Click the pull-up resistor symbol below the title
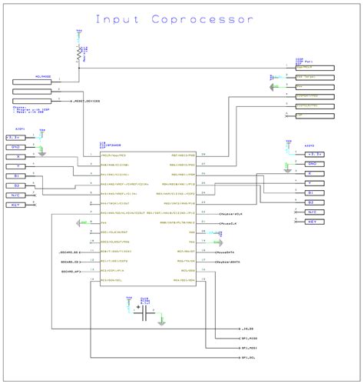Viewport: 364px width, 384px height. pyautogui.click(x=79, y=52)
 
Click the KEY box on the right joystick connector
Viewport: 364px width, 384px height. pyautogui.click(x=312, y=221)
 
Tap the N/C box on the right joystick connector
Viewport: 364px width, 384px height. pyautogui.click(x=312, y=212)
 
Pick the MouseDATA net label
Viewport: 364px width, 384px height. pyautogui.click(x=227, y=251)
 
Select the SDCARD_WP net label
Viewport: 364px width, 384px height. pyautogui.click(x=71, y=272)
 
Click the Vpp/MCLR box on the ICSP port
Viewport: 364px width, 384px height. pyautogui.click(x=314, y=68)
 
